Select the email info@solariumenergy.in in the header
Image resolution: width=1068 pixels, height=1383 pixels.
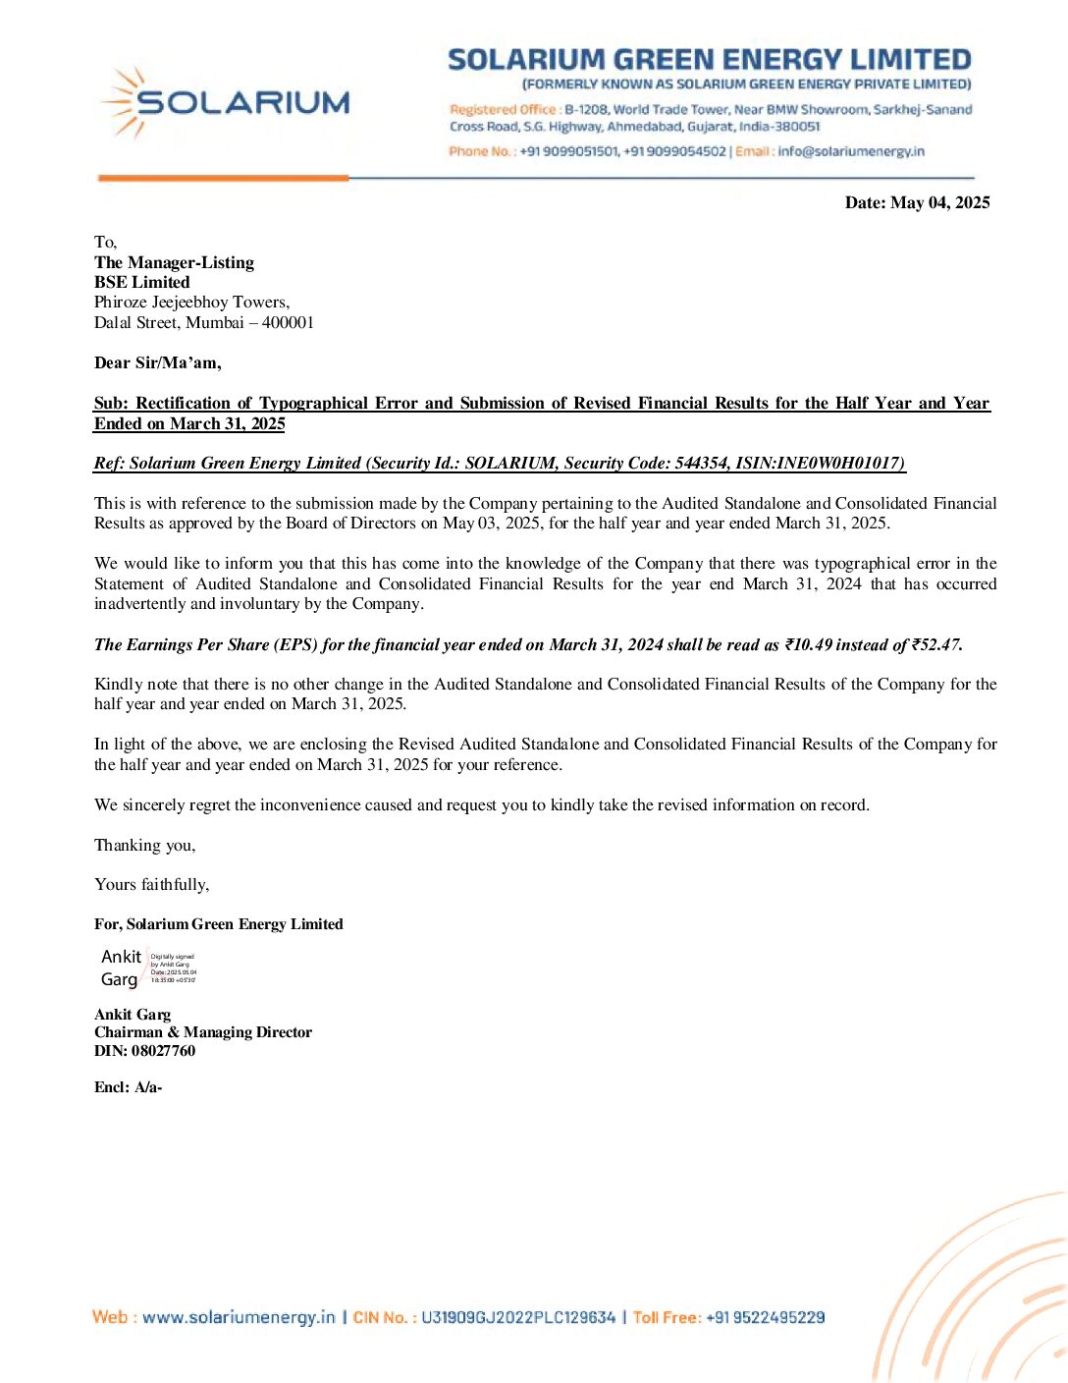click(x=851, y=151)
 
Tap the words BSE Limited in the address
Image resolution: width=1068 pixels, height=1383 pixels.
click(x=142, y=282)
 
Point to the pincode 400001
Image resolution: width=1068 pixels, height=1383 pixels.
click(x=288, y=322)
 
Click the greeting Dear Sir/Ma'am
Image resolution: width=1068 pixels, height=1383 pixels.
click(x=157, y=362)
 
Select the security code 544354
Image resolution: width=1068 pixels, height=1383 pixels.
click(x=701, y=463)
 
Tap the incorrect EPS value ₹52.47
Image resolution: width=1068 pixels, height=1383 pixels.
click(x=934, y=644)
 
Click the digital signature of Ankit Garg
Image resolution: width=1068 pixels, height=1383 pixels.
click(x=148, y=968)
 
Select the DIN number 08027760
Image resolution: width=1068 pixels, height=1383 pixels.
click(x=163, y=1050)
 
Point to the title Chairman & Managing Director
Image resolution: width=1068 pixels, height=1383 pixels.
click(x=203, y=1031)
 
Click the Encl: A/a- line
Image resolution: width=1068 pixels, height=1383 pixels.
click(x=128, y=1086)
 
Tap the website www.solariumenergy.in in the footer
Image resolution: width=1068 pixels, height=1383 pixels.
click(x=239, y=1317)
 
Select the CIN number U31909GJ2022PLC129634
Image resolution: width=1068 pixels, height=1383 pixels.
click(x=518, y=1317)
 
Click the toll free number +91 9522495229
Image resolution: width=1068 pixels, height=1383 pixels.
click(x=765, y=1317)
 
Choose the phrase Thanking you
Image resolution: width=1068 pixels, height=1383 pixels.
click(x=144, y=845)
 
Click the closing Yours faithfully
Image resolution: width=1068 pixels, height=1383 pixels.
click(x=151, y=884)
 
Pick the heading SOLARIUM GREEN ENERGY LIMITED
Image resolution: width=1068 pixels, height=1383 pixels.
click(x=709, y=60)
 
